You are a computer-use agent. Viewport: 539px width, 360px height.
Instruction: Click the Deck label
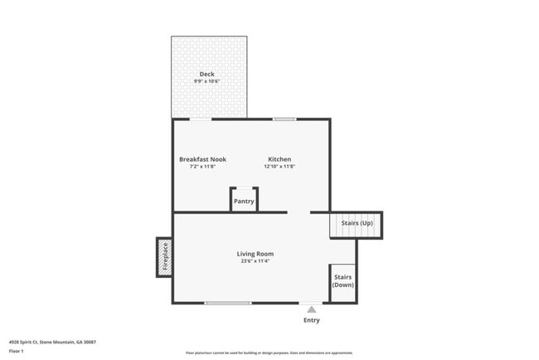coord(206,74)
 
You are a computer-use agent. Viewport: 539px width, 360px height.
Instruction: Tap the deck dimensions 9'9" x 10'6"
coord(206,81)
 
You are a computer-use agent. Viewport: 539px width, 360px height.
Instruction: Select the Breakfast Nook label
coord(202,159)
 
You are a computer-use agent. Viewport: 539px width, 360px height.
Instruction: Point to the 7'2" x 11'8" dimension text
coord(202,167)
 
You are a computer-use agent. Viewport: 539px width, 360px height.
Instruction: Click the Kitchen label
coord(279,159)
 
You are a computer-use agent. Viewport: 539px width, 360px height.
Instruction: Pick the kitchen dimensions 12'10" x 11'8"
coord(279,167)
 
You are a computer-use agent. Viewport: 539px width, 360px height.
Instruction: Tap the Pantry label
coord(244,202)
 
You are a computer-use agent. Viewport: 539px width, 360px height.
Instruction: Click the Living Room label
coord(255,254)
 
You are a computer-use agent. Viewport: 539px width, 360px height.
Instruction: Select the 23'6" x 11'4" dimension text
coord(255,261)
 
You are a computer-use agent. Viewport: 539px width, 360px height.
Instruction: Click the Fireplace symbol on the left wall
coord(165,257)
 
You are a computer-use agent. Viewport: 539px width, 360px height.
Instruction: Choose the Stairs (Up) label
coord(357,224)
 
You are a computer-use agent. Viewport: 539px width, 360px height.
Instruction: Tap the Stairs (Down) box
coord(343,281)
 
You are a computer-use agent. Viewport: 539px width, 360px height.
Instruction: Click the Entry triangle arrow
coord(312,309)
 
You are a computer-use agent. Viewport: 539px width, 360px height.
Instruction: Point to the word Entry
coord(312,320)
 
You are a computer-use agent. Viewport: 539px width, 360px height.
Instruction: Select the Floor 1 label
coord(17,351)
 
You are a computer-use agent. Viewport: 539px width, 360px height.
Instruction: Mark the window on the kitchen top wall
coord(284,119)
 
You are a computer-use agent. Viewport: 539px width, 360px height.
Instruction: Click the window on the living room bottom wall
coord(228,304)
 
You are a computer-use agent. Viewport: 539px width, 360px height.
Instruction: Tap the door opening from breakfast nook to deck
coord(200,119)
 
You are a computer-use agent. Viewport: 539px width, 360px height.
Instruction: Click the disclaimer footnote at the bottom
coord(269,353)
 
